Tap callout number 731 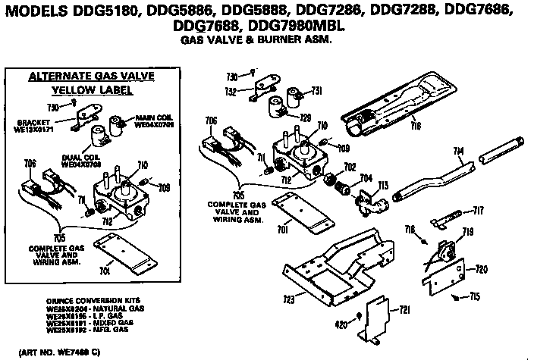point(317,90)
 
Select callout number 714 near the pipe point(460,152)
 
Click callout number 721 point(404,309)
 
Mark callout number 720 point(480,269)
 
